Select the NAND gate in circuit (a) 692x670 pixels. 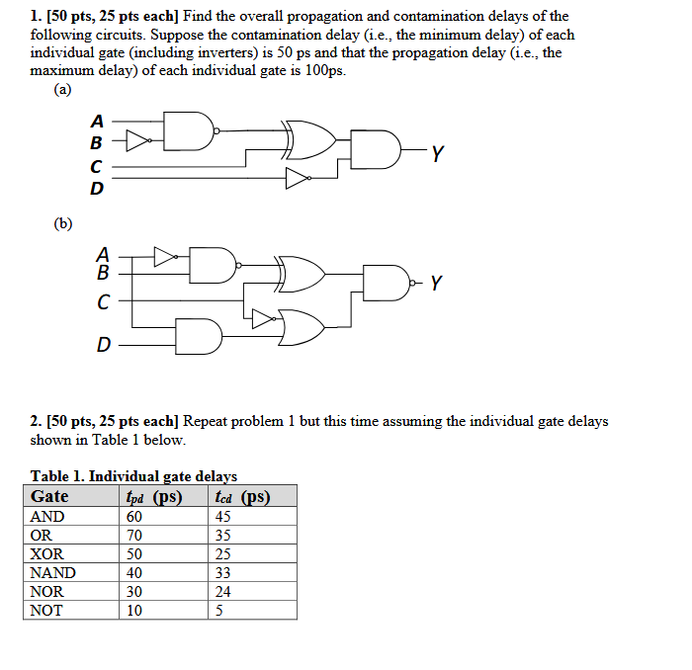coord(194,129)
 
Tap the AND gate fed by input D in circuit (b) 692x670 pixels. coord(198,336)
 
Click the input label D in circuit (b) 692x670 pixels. coord(103,345)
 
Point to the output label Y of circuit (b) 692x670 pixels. coord(436,285)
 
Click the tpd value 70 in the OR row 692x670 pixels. coord(134,535)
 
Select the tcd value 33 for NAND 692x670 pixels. coord(222,573)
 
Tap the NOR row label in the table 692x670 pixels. coord(47,592)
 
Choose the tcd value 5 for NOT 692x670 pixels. coord(217,611)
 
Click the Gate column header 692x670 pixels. coord(50,496)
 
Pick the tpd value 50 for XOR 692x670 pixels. coord(134,554)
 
